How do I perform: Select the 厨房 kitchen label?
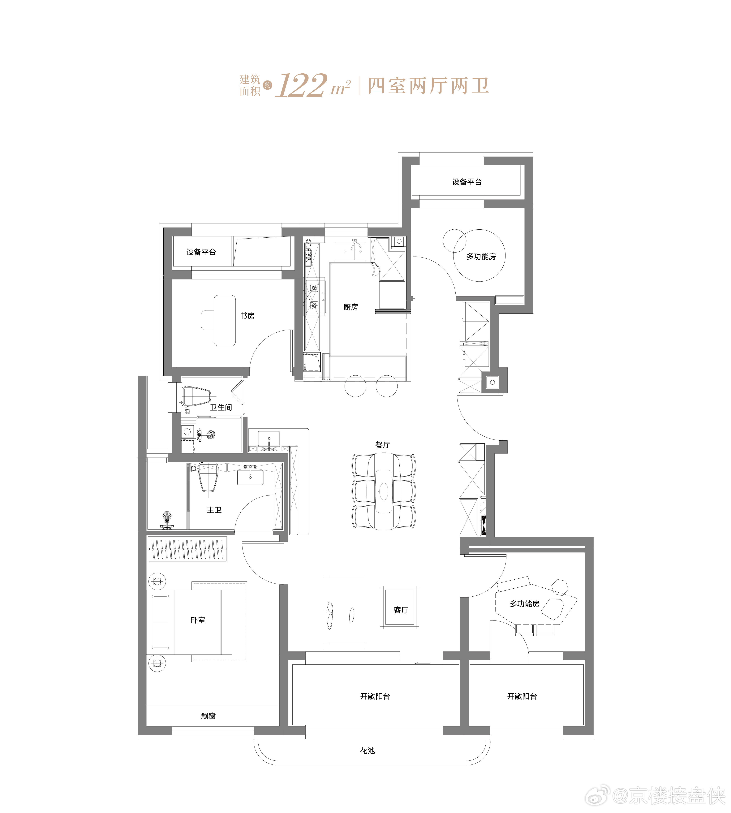click(351, 307)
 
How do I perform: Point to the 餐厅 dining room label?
click(382, 445)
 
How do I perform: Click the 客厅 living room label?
click(401, 610)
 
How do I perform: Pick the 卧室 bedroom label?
click(198, 620)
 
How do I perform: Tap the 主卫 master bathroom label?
click(214, 510)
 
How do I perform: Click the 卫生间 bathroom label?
click(221, 407)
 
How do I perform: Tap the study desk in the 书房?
click(225, 321)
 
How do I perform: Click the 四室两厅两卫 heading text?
click(428, 86)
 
